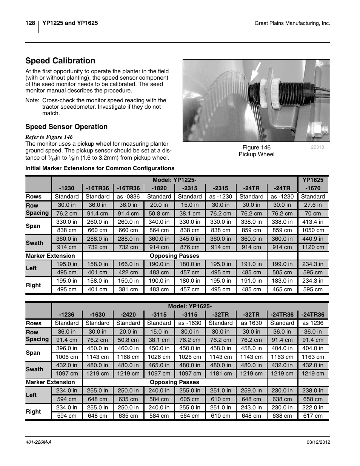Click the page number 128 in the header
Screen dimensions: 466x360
(x=30, y=23)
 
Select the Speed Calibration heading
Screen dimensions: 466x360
(x=60, y=61)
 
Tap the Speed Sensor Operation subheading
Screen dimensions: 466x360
(x=66, y=127)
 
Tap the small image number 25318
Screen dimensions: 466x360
(x=317, y=147)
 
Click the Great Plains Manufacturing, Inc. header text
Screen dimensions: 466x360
(x=292, y=23)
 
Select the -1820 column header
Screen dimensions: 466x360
(x=159, y=188)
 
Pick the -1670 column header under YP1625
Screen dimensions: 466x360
(x=313, y=188)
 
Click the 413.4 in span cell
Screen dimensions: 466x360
(x=313, y=222)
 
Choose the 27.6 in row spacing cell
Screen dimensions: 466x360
(x=313, y=205)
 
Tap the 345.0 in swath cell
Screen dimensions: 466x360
(x=189, y=239)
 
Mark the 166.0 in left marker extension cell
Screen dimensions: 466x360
(x=128, y=264)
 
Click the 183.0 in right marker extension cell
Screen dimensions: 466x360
(x=282, y=281)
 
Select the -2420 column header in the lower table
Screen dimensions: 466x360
(x=128, y=314)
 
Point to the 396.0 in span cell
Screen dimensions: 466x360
(x=67, y=348)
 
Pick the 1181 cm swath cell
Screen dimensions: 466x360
(x=220, y=374)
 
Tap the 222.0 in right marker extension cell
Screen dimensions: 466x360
(x=313, y=408)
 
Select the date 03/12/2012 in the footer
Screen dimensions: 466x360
(x=316, y=442)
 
